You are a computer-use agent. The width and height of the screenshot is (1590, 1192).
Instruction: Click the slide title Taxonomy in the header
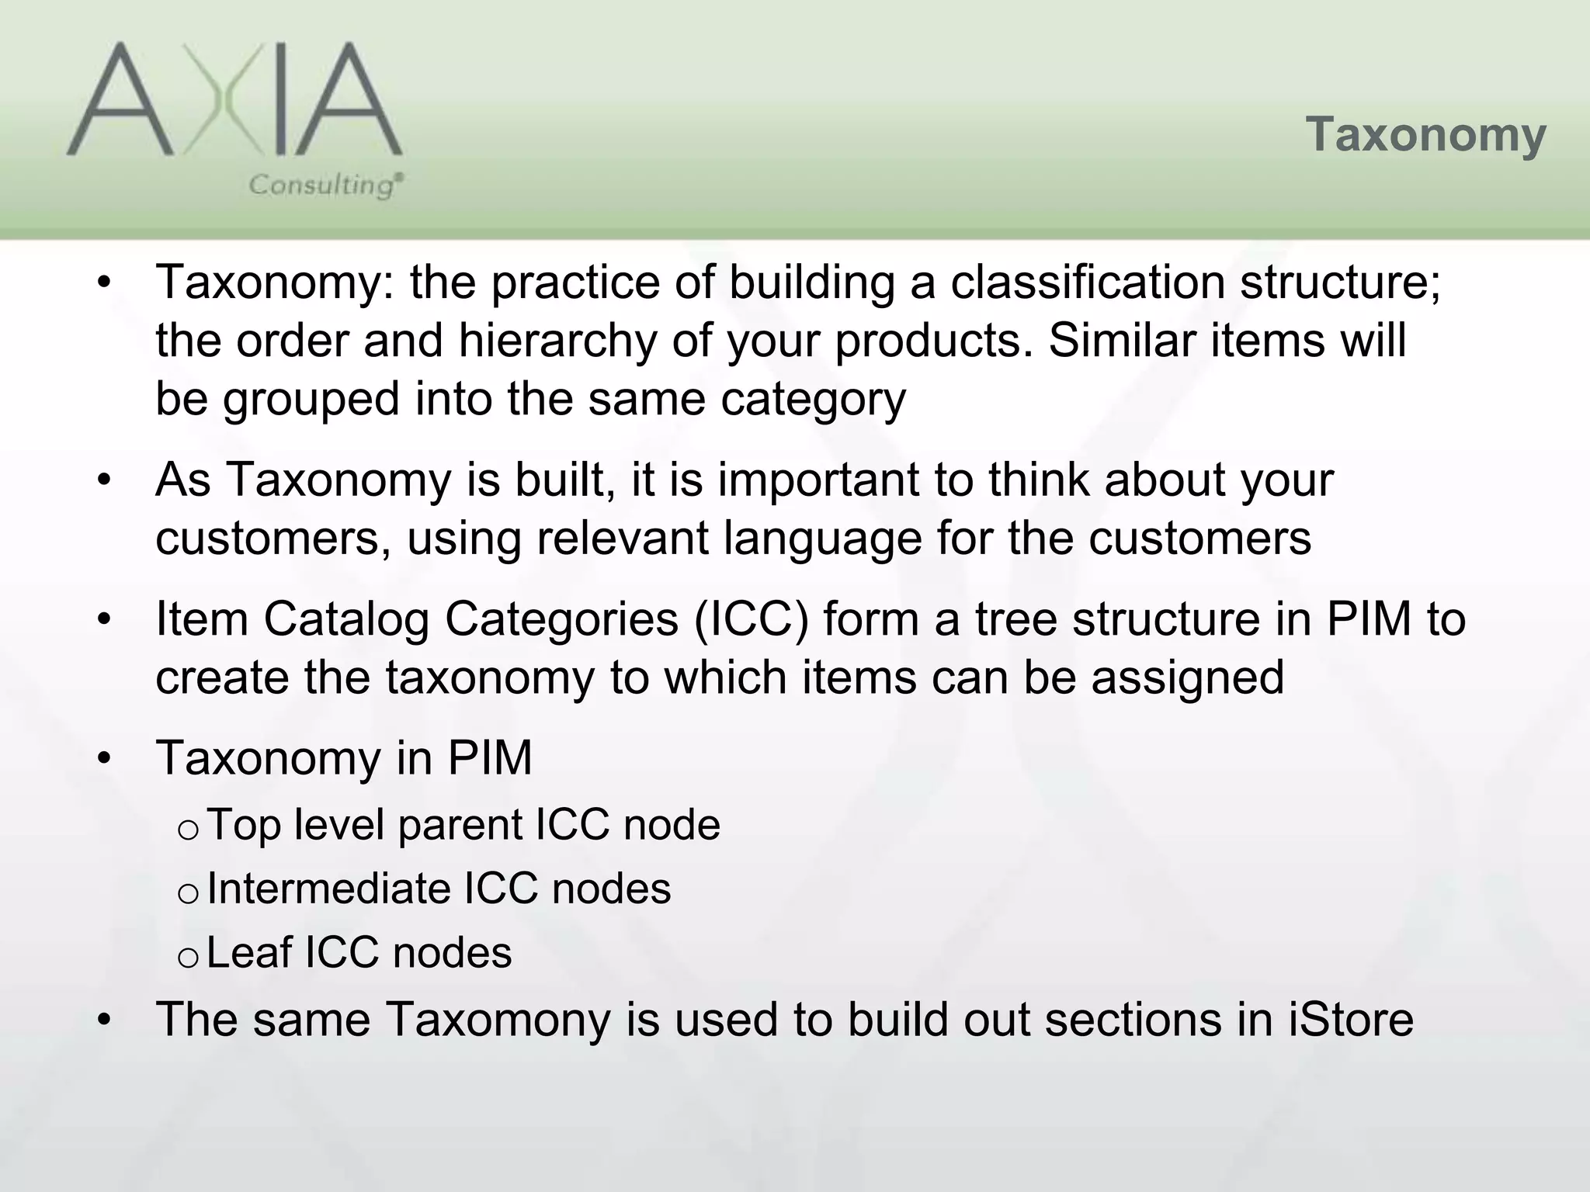[1425, 135]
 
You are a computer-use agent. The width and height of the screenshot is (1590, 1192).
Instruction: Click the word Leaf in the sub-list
[250, 952]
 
